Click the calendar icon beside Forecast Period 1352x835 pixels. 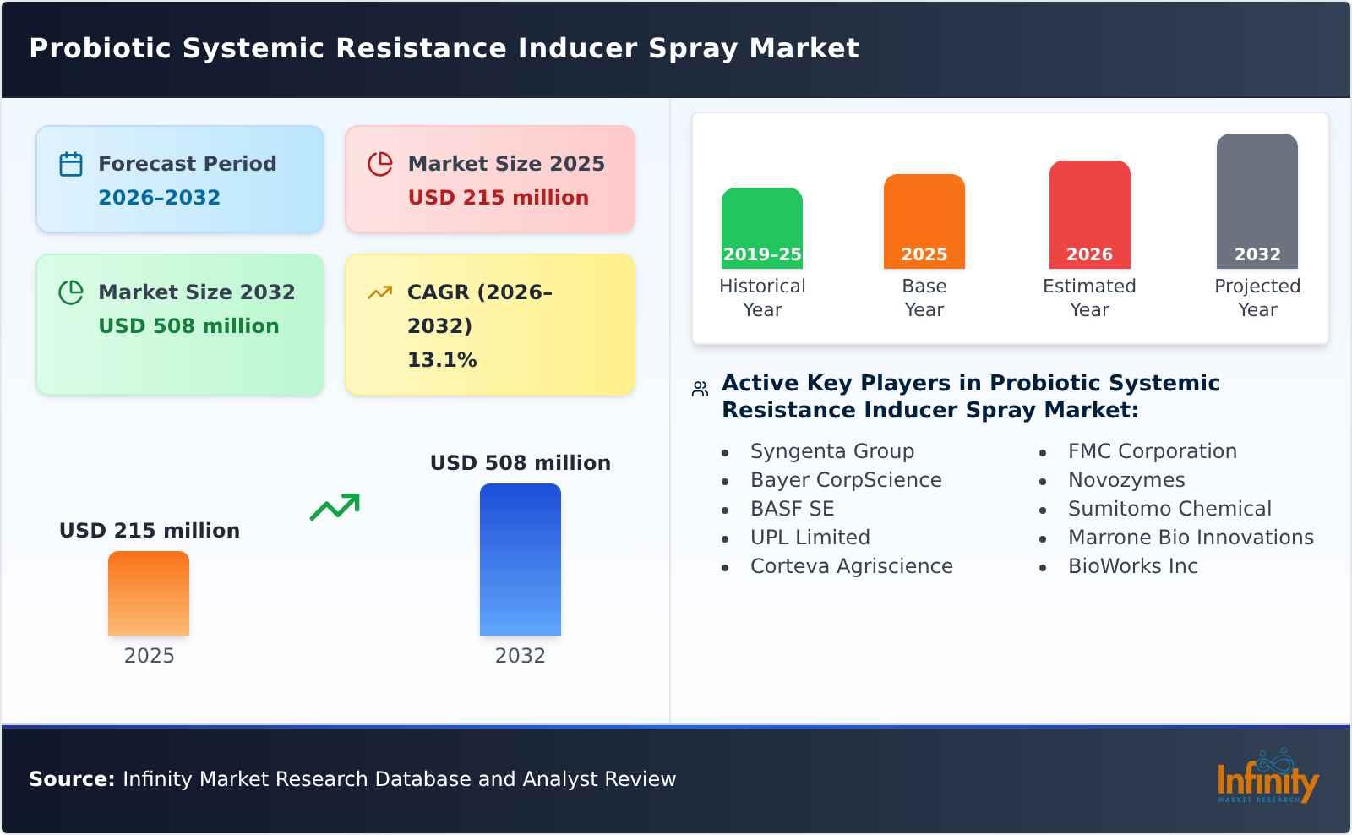coord(71,164)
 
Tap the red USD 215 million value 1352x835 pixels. coord(498,198)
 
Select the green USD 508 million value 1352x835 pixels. coord(188,326)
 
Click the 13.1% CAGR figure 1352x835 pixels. coord(442,360)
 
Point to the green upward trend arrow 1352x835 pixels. coord(335,507)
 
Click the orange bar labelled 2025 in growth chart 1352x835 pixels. coord(149,593)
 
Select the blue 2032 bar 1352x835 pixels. coord(520,559)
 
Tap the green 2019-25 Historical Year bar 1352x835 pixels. coord(761,228)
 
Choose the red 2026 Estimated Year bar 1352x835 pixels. coord(1089,215)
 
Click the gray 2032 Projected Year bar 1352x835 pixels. coord(1257,201)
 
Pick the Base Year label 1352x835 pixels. coord(924,297)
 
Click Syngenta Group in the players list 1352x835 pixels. coord(831,451)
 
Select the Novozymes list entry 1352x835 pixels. coord(1126,480)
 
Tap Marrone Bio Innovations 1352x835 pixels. coord(1190,538)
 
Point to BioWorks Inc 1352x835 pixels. coord(1132,566)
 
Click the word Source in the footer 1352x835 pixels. coord(71,779)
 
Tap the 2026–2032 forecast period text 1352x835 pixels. coord(159,198)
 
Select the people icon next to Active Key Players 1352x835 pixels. coord(700,389)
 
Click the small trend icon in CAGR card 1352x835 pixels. coord(379,292)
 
